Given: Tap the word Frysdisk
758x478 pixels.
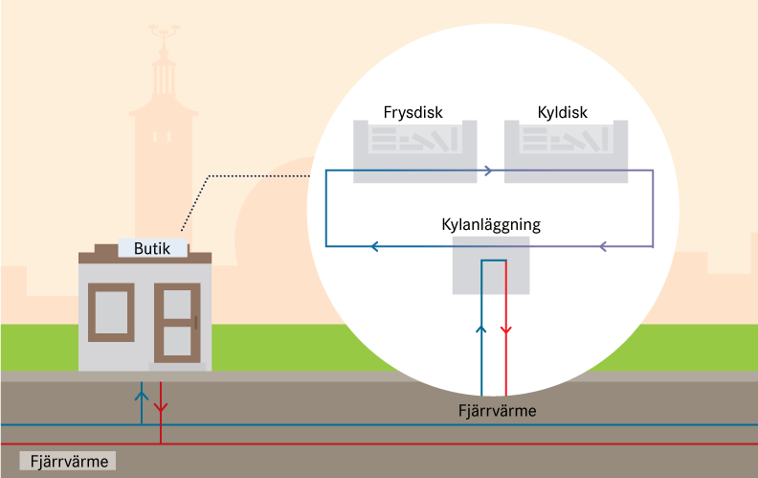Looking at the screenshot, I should [414, 112].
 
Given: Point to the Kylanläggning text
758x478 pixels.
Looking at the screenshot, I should [491, 225].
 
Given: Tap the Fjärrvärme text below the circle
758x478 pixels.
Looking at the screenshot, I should [495, 411].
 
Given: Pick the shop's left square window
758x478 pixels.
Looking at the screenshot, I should [111, 312].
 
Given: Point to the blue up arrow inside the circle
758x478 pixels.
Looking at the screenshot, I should [481, 330].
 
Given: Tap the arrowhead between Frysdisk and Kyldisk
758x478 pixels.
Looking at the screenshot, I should [489, 171].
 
